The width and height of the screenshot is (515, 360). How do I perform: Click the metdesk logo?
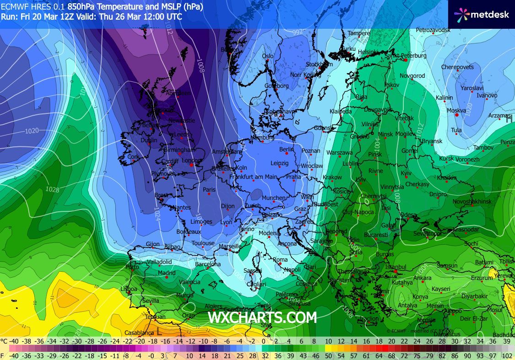[x=481, y=14]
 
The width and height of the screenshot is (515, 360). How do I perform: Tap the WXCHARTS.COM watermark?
[x=262, y=317]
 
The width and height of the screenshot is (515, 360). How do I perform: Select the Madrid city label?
[x=167, y=273]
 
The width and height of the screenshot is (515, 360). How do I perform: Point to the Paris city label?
[x=209, y=189]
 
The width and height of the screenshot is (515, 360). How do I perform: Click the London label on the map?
[x=191, y=161]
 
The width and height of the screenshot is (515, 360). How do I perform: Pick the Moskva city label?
[x=456, y=111]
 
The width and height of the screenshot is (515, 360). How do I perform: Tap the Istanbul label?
[x=396, y=267]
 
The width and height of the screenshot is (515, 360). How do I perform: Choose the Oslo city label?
[x=267, y=56]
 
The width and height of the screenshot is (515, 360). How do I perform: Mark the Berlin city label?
[x=287, y=150]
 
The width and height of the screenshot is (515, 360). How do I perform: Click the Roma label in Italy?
[x=280, y=260]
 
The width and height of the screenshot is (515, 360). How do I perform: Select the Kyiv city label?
[x=406, y=173]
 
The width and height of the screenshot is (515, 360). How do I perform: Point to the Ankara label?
[x=422, y=278]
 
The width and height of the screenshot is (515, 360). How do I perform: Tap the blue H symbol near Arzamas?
[x=508, y=120]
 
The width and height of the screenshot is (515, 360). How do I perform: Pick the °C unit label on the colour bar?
[x=4, y=341]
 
